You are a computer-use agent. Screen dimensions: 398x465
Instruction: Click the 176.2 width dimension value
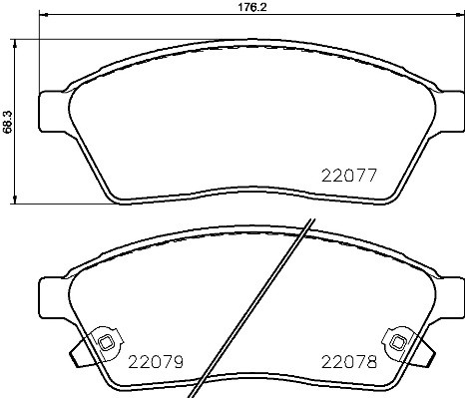232,7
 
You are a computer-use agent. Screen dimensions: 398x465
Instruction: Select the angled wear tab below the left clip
80,355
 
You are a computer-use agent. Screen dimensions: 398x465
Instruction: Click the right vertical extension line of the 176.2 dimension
457,50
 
